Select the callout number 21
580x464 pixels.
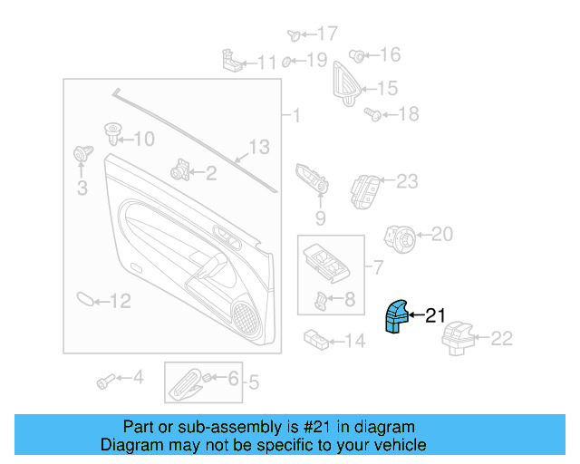pyautogui.click(x=436, y=315)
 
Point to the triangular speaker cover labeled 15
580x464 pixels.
pyautogui.click(x=345, y=83)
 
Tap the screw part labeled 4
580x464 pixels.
pyautogui.click(x=106, y=379)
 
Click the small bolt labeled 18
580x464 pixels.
pyautogui.click(x=372, y=113)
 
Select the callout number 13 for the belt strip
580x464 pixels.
pyautogui.click(x=259, y=146)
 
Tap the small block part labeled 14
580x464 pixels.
pyautogui.click(x=315, y=339)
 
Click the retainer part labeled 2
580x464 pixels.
pyautogui.click(x=180, y=169)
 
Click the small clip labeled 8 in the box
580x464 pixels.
pyautogui.click(x=322, y=300)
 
